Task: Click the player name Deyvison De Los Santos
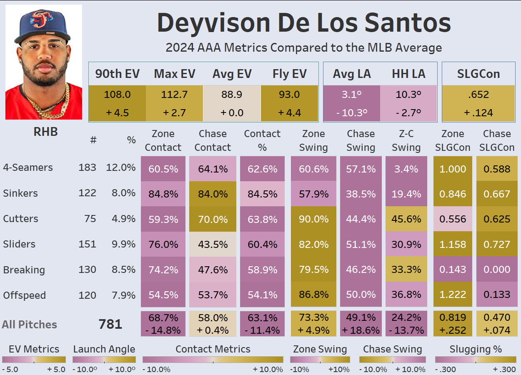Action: click(304, 23)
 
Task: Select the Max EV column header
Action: click(175, 74)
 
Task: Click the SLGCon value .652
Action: click(478, 95)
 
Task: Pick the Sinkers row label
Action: click(20, 193)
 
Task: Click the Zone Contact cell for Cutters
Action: click(163, 219)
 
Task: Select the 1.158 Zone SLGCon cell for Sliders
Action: click(453, 245)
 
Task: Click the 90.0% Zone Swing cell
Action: click(313, 219)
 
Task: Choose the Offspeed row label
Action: click(25, 295)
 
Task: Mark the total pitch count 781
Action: click(110, 324)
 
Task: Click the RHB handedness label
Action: click(45, 132)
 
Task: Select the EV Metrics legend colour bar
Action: click(34, 360)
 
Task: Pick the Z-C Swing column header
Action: click(406, 140)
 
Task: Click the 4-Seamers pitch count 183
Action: click(87, 167)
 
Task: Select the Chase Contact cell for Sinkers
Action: click(213, 194)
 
